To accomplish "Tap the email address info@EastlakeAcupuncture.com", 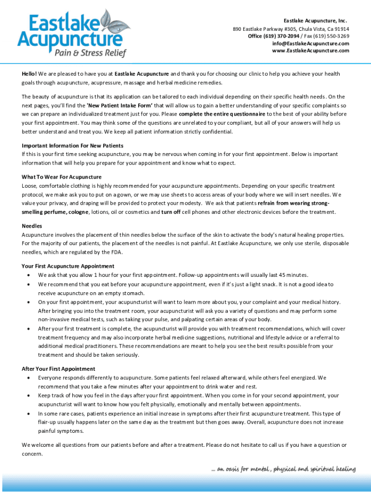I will click(310, 43).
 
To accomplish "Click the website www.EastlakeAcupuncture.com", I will click(310, 51).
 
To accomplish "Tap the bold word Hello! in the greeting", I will click(29, 74).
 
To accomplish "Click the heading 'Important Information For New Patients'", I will click(73, 145).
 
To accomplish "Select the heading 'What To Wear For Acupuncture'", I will click(62, 177).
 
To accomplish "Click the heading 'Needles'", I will click(32, 226).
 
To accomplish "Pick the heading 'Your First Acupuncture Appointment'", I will click(68, 266).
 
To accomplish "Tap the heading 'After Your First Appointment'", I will click(58, 369).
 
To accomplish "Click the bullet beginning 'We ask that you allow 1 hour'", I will click(30, 275).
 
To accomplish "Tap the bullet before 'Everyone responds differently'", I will click(30, 378).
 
